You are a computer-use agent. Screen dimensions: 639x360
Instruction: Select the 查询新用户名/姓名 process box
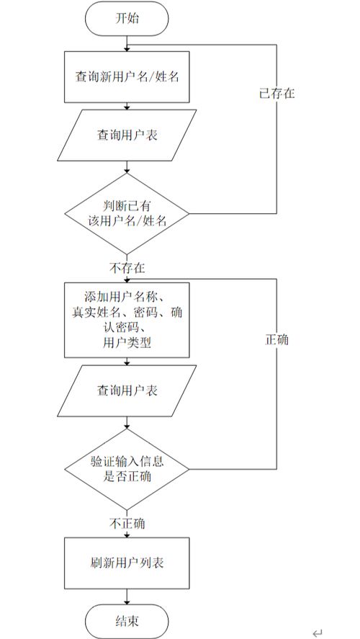(127, 76)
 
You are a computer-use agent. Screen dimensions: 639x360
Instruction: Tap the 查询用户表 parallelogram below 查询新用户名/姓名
(127, 134)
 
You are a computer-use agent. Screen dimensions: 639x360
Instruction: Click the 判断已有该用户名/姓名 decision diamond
(127, 214)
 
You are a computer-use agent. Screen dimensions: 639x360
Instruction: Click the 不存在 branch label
(127, 268)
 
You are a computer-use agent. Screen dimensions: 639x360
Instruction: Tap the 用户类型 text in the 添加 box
(127, 344)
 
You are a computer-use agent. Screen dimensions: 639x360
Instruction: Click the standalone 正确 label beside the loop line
(276, 339)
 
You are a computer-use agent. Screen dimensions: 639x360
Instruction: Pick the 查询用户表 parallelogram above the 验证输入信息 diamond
(127, 390)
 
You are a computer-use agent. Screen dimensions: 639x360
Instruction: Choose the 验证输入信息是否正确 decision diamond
(127, 468)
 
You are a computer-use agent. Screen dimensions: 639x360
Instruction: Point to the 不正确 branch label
(127, 523)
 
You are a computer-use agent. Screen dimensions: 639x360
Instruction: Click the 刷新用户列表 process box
(127, 563)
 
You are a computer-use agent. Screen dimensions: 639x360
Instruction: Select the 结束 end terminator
(127, 620)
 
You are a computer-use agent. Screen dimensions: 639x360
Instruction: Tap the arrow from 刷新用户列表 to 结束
(127, 596)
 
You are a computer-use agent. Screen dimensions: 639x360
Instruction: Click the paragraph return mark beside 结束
(318, 632)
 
